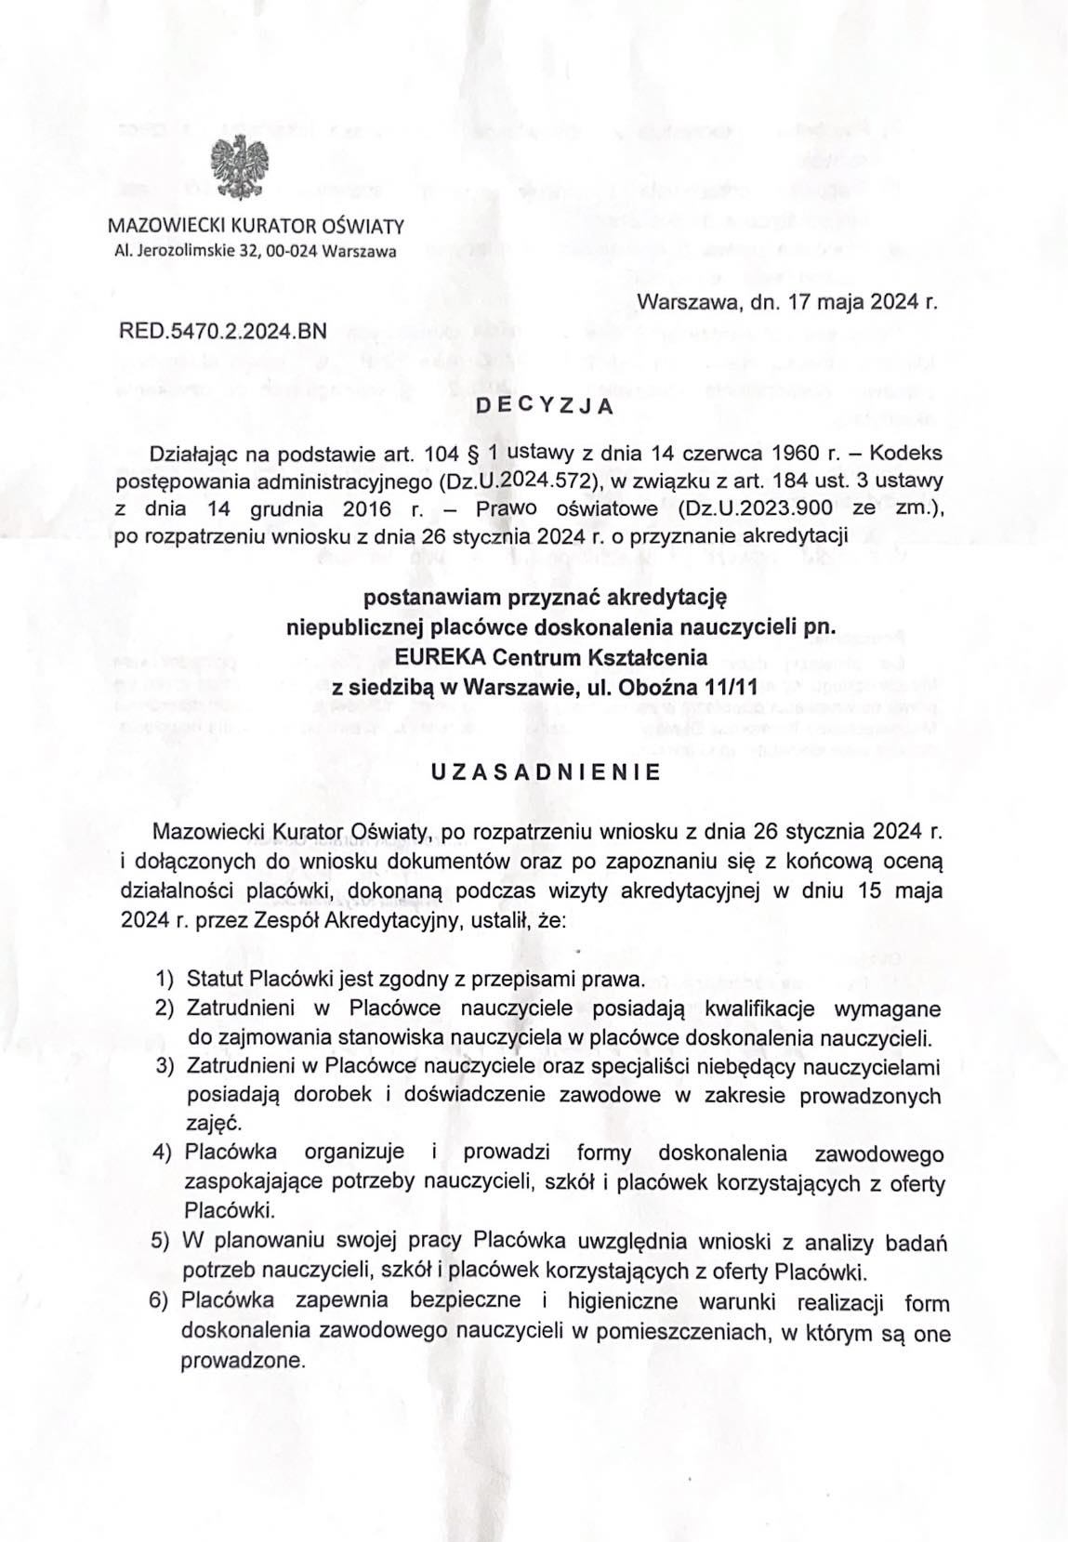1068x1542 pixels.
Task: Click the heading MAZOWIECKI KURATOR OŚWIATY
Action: (256, 225)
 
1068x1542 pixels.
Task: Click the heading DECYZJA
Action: (544, 405)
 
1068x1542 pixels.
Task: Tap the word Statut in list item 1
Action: (215, 980)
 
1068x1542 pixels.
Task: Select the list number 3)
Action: (165, 1065)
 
